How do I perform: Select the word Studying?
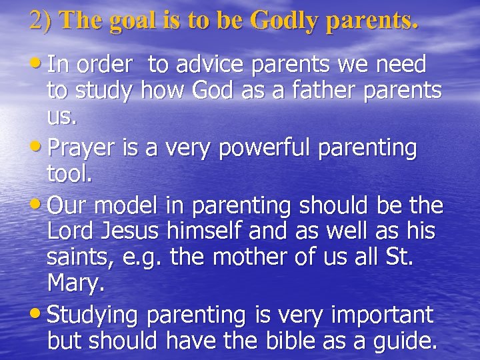click(96, 315)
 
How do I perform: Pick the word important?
click(381, 315)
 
